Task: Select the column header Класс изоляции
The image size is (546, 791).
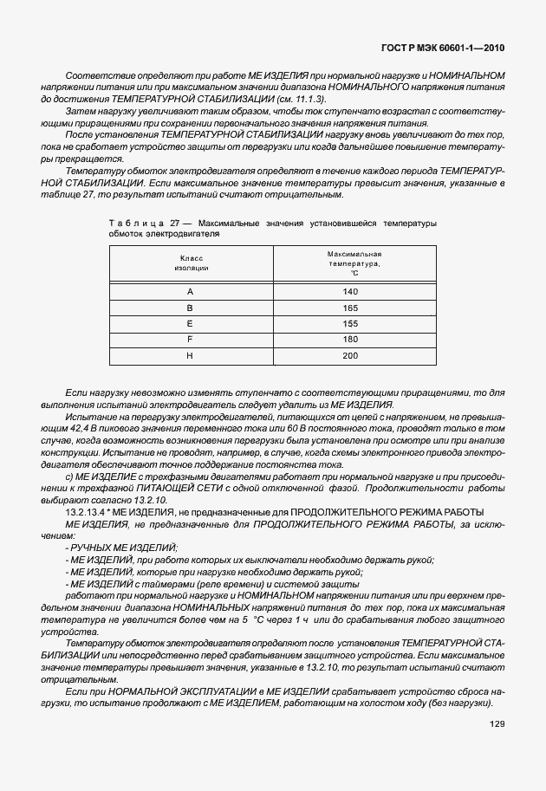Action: pos(191,263)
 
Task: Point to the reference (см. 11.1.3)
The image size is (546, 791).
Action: pos(297,100)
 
